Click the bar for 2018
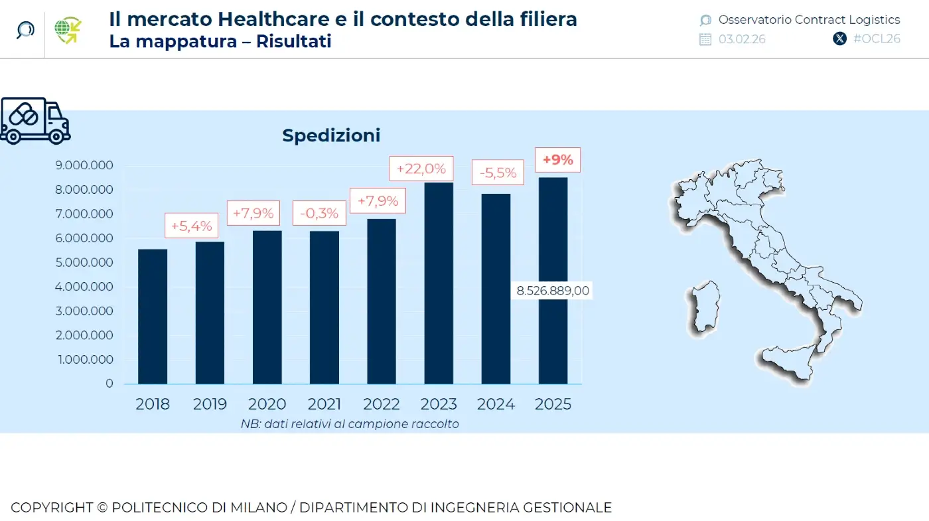click(x=153, y=317)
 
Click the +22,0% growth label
click(x=421, y=169)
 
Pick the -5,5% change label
click(x=498, y=173)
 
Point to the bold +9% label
click(x=557, y=160)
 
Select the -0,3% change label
click(x=319, y=213)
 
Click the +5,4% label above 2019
click(x=191, y=226)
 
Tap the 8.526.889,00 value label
click(x=553, y=291)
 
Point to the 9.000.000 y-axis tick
click(x=85, y=165)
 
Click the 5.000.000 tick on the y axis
click(x=85, y=262)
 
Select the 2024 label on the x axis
click(x=496, y=404)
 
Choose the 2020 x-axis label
click(x=267, y=404)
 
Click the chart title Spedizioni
click(x=331, y=135)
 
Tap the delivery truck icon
click(x=35, y=120)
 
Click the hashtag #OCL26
click(x=876, y=38)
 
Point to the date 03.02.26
click(x=741, y=39)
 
